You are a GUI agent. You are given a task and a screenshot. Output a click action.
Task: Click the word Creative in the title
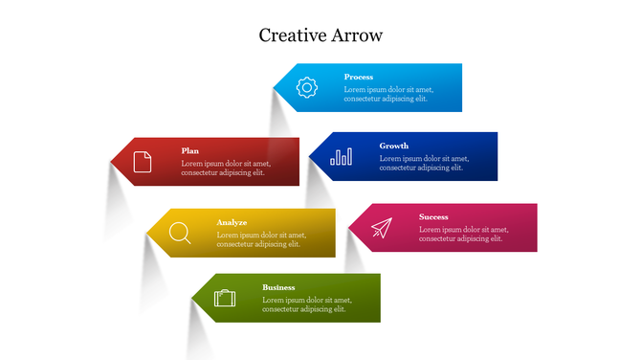[x=291, y=35]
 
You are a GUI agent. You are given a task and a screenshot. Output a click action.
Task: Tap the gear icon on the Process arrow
[x=306, y=87]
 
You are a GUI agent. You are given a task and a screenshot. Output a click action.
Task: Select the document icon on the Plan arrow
[x=143, y=161]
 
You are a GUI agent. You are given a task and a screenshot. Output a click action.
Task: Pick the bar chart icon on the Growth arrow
[x=341, y=156]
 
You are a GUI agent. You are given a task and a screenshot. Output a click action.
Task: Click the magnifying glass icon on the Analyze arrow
[x=179, y=233]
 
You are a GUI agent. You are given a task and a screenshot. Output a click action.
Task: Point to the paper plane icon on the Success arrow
[x=382, y=228]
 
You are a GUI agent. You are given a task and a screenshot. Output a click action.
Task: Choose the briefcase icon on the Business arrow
[x=225, y=298]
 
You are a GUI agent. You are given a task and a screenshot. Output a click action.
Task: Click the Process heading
[x=359, y=77]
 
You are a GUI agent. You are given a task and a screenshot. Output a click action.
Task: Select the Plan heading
[x=190, y=150]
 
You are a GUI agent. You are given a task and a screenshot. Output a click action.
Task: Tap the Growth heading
[x=393, y=146]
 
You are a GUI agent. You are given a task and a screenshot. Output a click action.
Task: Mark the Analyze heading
[x=232, y=222]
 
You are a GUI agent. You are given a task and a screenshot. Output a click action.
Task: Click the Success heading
[x=433, y=216]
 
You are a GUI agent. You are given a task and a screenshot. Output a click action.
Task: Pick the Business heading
[x=278, y=287]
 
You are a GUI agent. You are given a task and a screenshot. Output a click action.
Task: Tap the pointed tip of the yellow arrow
[x=147, y=233]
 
